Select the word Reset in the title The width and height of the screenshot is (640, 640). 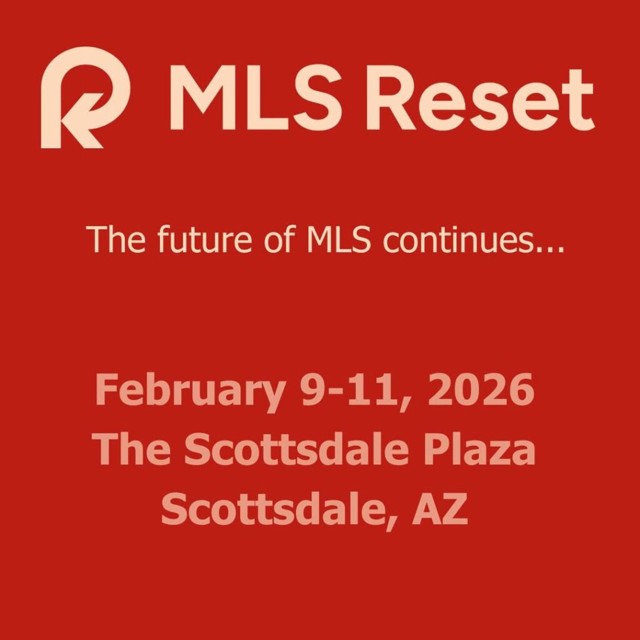[x=479, y=99]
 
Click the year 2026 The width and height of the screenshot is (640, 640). [x=481, y=390]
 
